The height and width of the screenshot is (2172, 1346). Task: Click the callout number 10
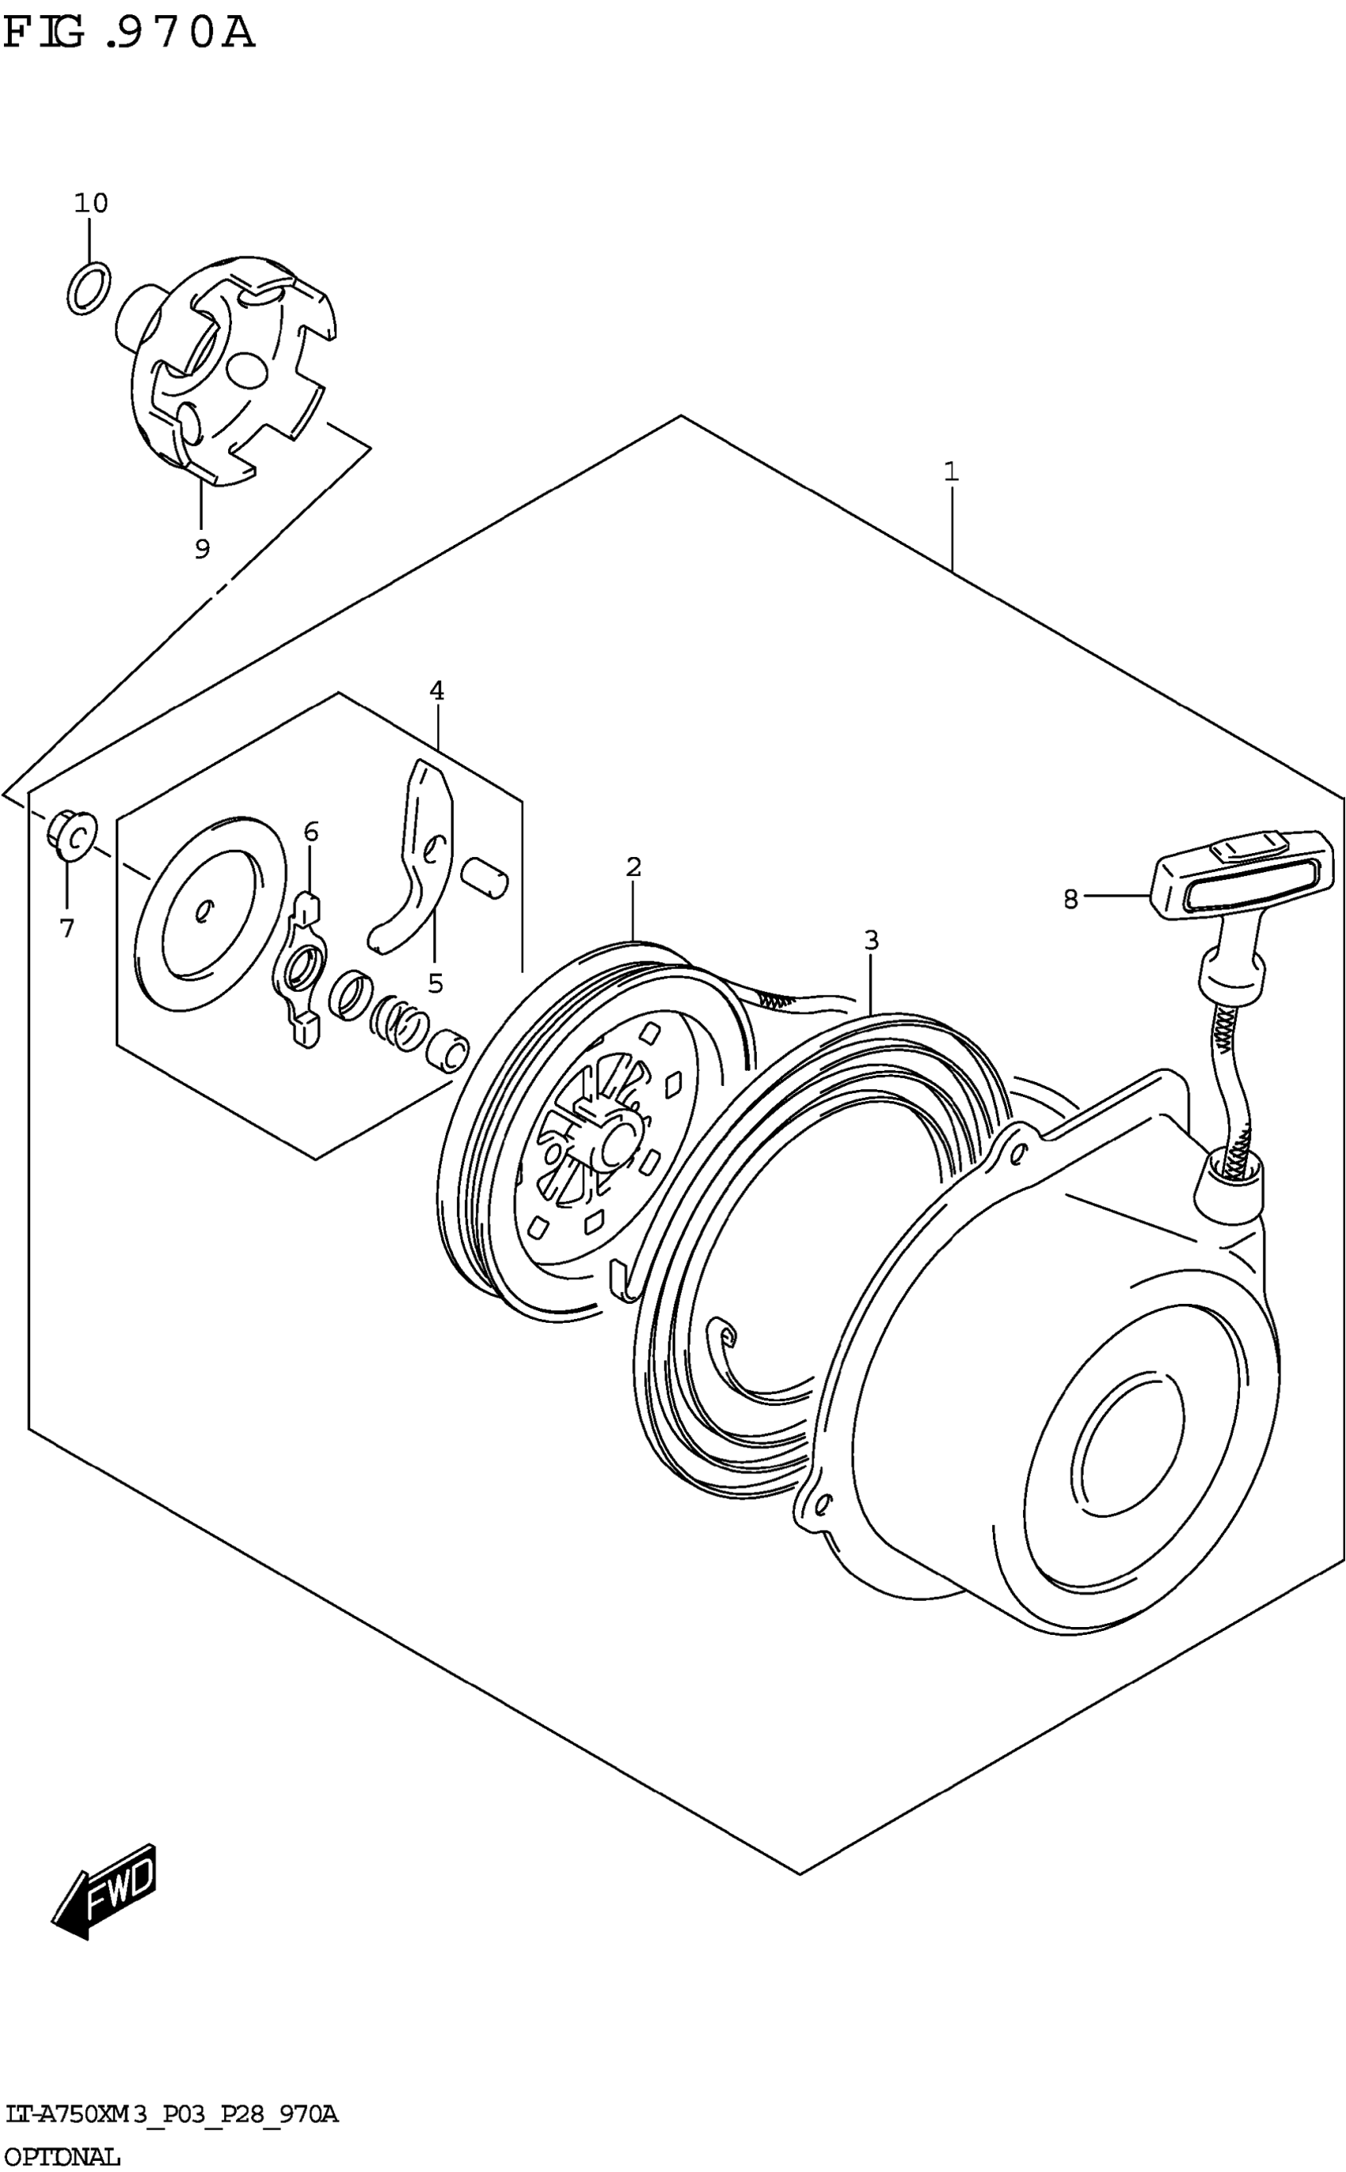point(91,204)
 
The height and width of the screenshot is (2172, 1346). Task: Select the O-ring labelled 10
point(89,288)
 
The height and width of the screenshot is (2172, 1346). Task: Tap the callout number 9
point(202,550)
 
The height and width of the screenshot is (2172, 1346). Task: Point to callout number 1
point(952,471)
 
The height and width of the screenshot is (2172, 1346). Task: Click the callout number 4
point(436,690)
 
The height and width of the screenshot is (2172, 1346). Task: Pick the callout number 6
point(310,832)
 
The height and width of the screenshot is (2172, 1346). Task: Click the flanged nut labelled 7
point(71,836)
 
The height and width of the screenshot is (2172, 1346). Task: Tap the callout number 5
point(435,983)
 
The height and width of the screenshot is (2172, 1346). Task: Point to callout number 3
point(871,939)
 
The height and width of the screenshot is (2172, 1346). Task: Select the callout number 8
point(1070,899)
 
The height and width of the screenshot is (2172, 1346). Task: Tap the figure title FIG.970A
point(129,34)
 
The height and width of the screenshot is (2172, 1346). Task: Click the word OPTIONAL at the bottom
point(63,2157)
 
